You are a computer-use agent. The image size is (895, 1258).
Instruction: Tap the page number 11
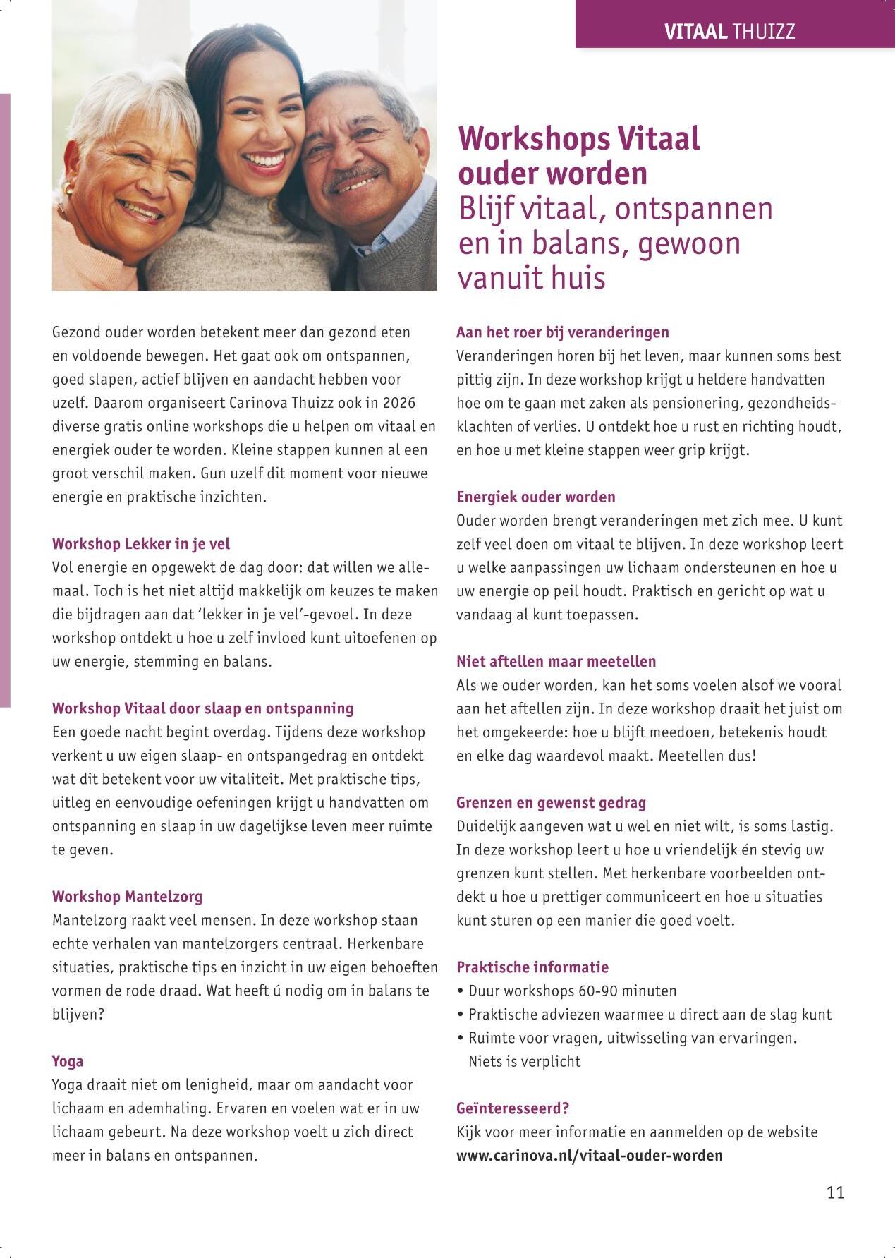point(835,1192)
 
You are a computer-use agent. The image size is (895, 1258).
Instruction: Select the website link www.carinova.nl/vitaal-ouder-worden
point(589,1155)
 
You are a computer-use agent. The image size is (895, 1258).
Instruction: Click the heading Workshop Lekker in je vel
point(141,544)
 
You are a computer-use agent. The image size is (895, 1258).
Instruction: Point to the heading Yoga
point(68,1061)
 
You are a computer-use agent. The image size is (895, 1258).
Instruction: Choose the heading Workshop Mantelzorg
point(127,897)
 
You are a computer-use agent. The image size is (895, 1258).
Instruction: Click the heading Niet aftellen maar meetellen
point(556,662)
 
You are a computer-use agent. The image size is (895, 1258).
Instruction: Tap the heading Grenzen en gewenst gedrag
point(551,803)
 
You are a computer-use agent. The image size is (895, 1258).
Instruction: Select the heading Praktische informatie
point(532,967)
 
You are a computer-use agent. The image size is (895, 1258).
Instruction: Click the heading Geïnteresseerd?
point(513,1108)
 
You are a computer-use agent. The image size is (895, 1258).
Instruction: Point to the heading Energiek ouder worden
point(535,497)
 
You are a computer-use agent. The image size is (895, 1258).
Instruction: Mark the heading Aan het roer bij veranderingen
point(562,332)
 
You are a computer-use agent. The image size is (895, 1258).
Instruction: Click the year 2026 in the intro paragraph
point(399,403)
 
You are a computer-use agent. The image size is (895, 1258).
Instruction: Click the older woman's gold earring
point(68,190)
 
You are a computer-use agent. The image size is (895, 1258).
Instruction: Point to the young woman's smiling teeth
point(265,160)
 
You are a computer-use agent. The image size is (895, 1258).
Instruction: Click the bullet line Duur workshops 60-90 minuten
point(572,991)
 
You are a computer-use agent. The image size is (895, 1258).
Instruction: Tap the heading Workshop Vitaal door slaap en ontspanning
point(202,708)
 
